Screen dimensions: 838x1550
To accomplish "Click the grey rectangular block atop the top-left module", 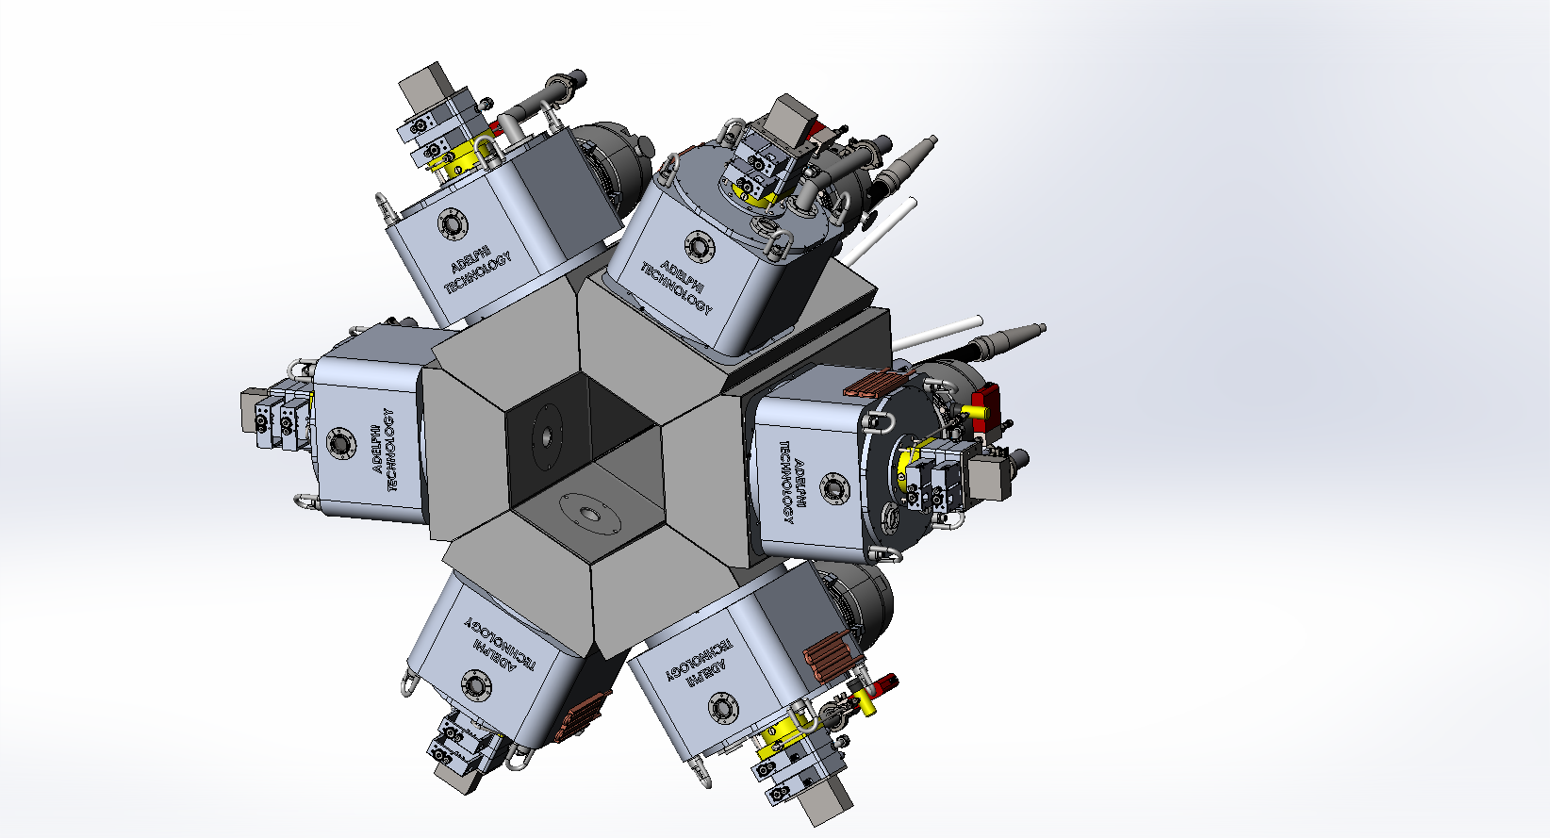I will click(427, 87).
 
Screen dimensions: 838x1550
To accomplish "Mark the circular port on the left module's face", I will click(339, 442).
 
